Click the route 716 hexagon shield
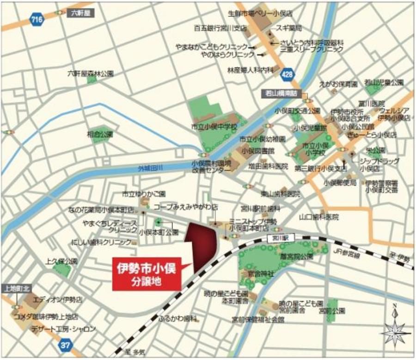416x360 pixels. [34, 19]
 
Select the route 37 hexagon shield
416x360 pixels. [65, 344]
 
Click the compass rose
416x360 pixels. [394, 327]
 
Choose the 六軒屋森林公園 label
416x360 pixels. [91, 73]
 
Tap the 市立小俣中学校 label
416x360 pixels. [214, 126]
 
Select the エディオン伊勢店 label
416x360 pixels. [57, 299]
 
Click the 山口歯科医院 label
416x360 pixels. [318, 217]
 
